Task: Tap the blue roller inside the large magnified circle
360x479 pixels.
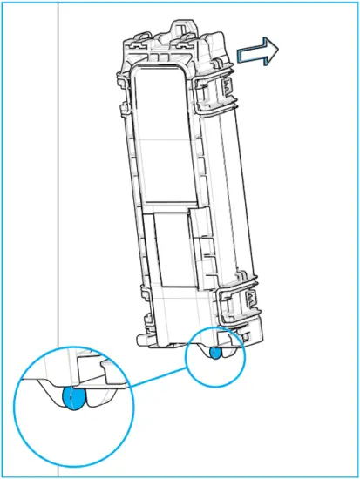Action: click(x=76, y=399)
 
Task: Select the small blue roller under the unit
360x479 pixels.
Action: click(x=215, y=353)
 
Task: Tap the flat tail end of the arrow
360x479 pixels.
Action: click(x=239, y=57)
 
